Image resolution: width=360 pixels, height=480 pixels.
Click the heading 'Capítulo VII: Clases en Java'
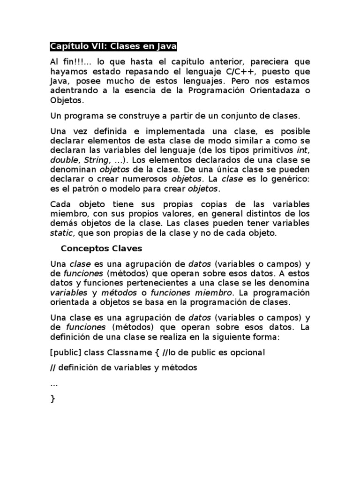[113, 47]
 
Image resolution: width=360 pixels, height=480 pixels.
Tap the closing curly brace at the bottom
[52, 399]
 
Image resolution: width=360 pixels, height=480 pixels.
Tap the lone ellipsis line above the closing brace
[53, 384]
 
